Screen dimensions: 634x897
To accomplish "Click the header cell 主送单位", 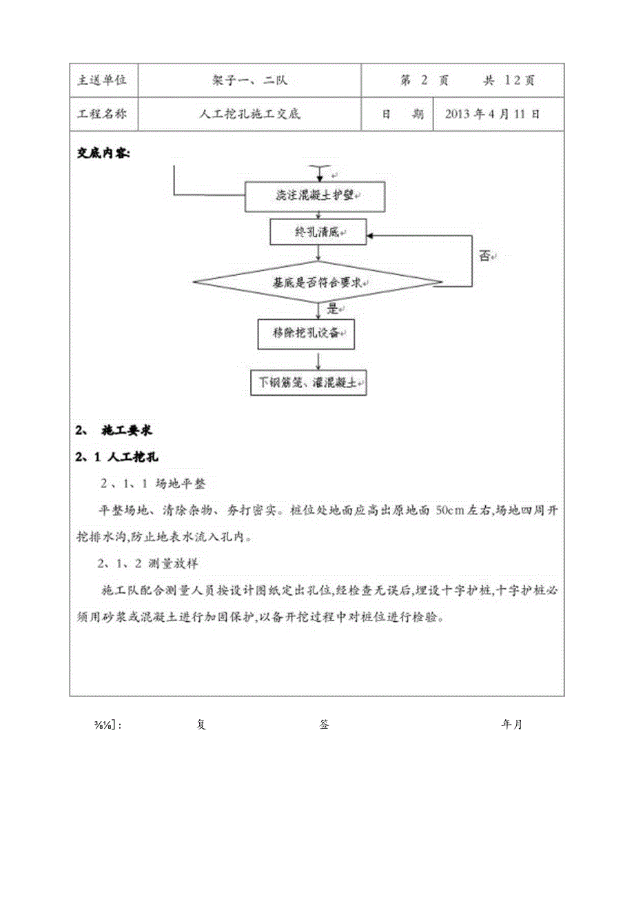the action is pos(103,80).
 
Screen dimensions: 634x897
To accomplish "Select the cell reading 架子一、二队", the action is pos(249,80).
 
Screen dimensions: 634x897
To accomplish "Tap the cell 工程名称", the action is pos(103,114).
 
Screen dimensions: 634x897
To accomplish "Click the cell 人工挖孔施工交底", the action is pos(249,114).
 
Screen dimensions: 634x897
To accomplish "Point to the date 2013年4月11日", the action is pos(493,114).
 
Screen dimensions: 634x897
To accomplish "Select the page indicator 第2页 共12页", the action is pos(467,80).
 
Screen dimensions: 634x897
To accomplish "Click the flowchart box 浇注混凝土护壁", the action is pos(316,196).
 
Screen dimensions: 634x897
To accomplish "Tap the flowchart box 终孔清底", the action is pos(318,232).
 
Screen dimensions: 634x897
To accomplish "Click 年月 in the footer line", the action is pos(512,725).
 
